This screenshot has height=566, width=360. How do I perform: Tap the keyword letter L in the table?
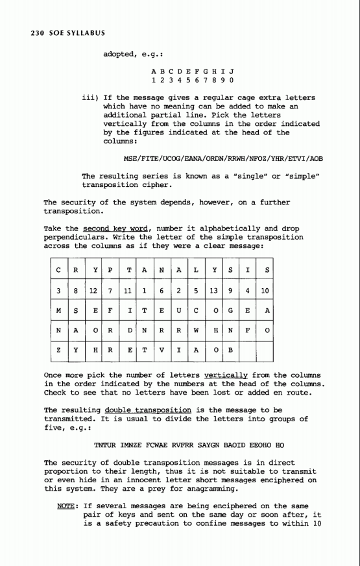pyautogui.click(x=203, y=268)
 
